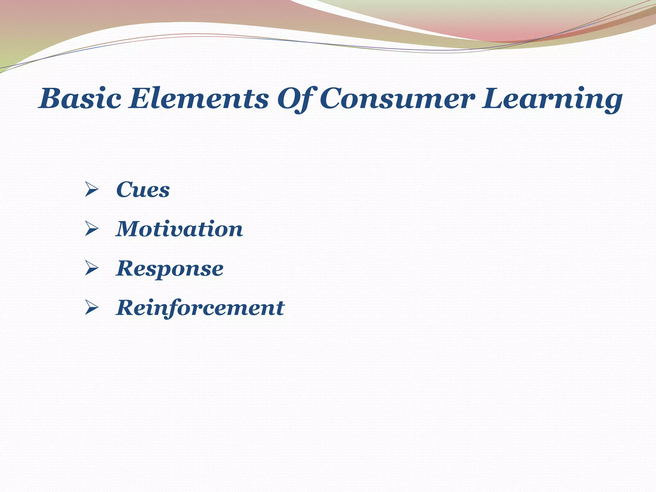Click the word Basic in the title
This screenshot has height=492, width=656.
[80, 99]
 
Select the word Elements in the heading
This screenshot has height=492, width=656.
[198, 99]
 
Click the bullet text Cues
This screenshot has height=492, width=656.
[143, 190]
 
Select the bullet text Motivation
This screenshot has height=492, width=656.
[179, 229]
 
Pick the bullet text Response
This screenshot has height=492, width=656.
[170, 268]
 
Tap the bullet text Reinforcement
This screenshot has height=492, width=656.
[200, 308]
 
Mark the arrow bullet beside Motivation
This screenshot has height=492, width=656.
[91, 229]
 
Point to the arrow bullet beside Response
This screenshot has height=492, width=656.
[91, 268]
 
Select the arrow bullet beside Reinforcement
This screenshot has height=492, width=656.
[91, 308]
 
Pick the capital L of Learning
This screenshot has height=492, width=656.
[495, 99]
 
